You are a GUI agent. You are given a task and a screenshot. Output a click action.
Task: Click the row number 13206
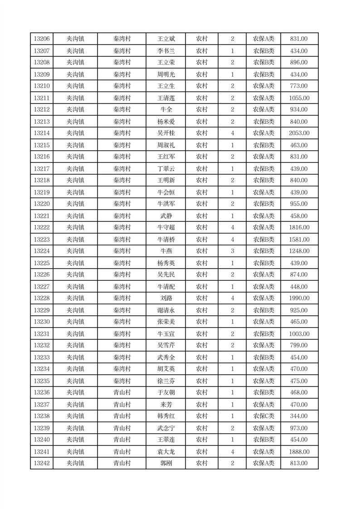[x=42, y=39]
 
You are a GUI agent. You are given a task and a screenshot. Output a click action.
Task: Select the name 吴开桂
[x=165, y=133]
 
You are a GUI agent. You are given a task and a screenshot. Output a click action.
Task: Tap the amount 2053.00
[x=299, y=133]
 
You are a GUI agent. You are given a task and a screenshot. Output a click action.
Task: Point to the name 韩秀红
[x=165, y=416]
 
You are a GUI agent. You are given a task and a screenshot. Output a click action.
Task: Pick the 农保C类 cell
[x=263, y=416]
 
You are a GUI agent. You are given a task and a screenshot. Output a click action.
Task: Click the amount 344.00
[x=299, y=416]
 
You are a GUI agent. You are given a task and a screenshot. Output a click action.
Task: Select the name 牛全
[x=165, y=110]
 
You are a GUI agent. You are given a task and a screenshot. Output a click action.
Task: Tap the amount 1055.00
[x=299, y=98]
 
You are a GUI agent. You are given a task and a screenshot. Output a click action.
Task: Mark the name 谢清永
[x=165, y=310]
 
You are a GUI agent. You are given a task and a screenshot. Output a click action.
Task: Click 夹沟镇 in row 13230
[x=75, y=322]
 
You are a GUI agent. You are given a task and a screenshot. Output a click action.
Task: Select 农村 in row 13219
[x=201, y=192]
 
